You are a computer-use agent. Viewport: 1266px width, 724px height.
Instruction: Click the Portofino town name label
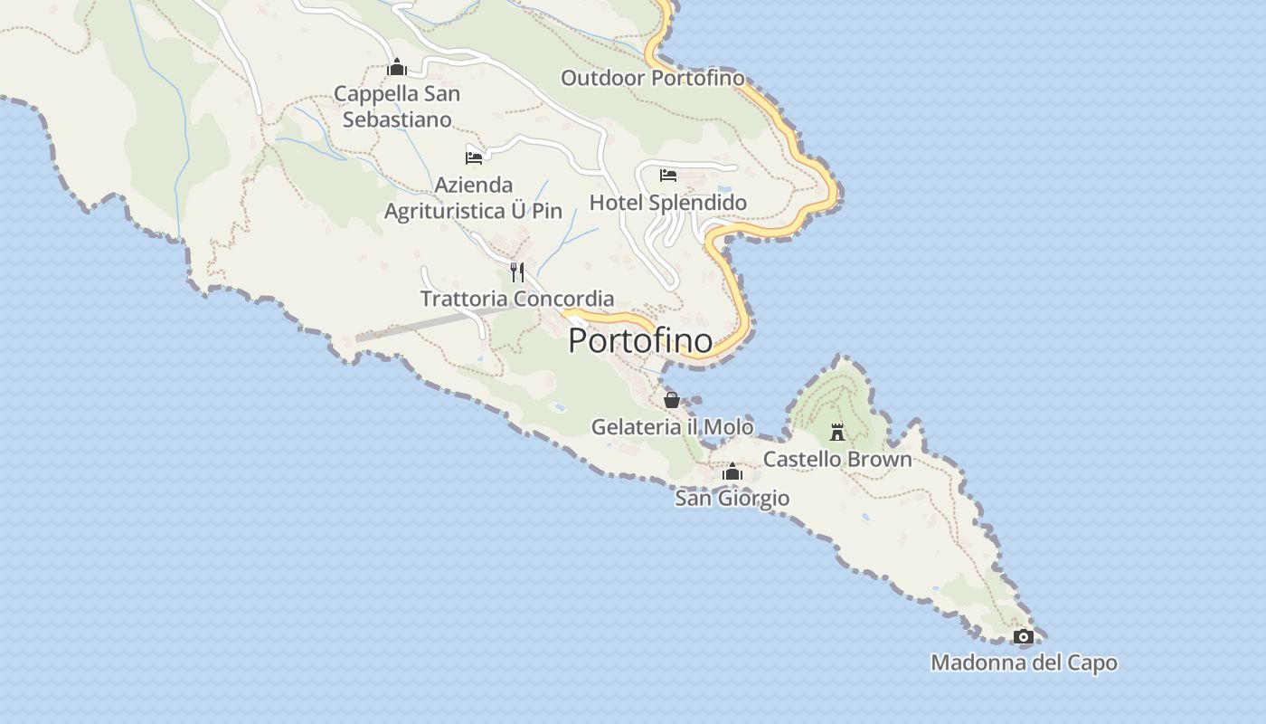[640, 341]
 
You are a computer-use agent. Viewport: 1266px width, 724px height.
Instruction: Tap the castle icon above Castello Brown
[837, 432]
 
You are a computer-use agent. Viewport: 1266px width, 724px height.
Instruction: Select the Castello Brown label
[837, 459]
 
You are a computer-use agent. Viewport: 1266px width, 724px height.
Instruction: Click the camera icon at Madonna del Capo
[1024, 637]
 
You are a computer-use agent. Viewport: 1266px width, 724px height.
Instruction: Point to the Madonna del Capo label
[1024, 663]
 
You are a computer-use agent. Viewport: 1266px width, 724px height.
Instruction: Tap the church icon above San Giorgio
[732, 472]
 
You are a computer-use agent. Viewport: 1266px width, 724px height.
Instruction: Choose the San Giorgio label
[732, 499]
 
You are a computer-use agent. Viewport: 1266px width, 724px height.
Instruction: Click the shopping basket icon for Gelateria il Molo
[672, 400]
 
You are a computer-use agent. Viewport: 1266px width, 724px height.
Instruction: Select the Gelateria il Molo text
[672, 427]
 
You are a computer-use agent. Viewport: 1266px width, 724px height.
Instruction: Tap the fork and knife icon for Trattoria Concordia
[517, 271]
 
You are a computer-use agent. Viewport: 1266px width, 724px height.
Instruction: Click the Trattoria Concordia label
[517, 299]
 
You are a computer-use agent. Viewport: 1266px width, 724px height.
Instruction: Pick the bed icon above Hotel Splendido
[668, 175]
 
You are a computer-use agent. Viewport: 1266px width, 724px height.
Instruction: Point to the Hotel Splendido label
[668, 202]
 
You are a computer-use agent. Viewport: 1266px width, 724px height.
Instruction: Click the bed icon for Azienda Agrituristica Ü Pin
[474, 157]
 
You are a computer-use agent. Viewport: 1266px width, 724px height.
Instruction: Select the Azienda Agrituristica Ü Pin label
[474, 198]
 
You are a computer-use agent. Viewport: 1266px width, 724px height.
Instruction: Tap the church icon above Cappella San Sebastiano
[396, 67]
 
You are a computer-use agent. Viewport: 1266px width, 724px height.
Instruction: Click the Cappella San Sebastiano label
[397, 106]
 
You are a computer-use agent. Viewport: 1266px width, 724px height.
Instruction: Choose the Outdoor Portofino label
[653, 78]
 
